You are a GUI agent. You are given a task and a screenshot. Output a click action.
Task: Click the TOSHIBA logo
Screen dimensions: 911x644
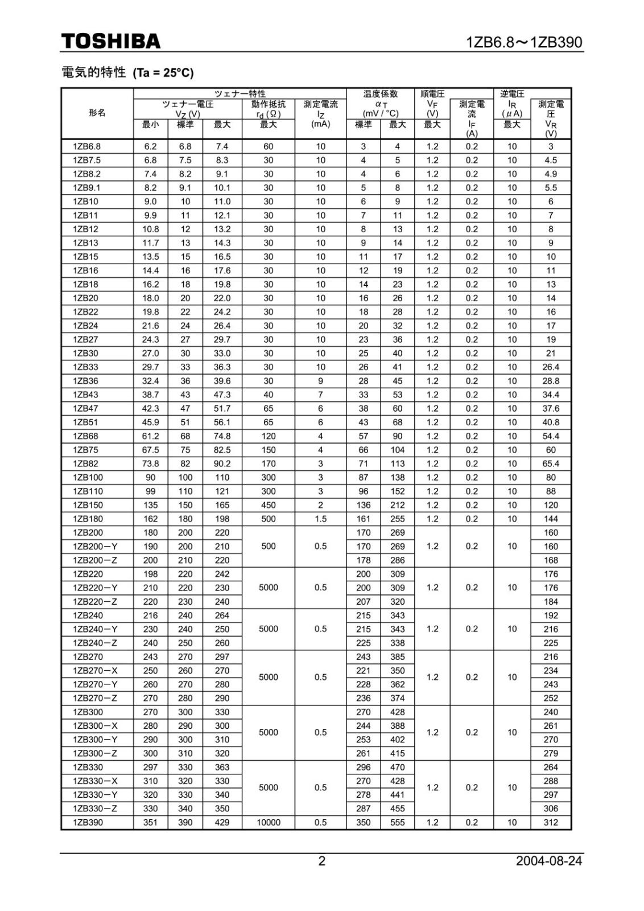tap(111, 42)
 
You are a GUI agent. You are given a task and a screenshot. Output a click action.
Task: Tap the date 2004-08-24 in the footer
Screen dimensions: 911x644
tap(548, 860)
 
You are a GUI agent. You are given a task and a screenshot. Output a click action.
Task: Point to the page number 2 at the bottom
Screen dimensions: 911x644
tap(321, 861)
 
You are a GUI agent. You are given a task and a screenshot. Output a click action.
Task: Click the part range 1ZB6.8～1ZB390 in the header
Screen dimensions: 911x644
tap(524, 43)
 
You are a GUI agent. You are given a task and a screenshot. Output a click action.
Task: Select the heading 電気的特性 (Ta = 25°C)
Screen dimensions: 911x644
tap(127, 72)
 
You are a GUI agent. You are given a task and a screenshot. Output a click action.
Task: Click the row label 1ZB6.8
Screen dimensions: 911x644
tap(86, 146)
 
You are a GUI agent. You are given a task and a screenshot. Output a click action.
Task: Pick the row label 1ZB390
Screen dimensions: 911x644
tap(88, 822)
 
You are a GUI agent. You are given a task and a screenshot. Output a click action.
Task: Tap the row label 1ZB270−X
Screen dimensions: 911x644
tap(95, 671)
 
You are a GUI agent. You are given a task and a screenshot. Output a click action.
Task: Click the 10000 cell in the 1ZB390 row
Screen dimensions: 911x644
tap(269, 822)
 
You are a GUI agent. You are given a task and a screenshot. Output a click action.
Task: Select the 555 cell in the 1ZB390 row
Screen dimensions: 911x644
tap(397, 822)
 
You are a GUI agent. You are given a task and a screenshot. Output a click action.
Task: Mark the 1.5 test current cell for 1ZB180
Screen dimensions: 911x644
tap(320, 519)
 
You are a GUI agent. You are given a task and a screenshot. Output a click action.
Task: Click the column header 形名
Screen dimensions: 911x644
tap(97, 113)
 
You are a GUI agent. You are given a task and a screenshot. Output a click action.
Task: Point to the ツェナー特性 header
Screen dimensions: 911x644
tap(240, 94)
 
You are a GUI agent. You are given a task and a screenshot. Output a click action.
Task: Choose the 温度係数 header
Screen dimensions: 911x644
tap(381, 94)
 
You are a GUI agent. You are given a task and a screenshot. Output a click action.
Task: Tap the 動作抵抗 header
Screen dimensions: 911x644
tap(269, 104)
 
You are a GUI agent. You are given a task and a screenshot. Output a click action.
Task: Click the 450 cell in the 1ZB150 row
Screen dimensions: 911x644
tap(269, 505)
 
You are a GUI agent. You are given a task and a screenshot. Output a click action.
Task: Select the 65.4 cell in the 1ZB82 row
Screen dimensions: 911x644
tap(550, 463)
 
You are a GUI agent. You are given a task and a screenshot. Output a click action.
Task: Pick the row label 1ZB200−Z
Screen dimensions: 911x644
tap(95, 560)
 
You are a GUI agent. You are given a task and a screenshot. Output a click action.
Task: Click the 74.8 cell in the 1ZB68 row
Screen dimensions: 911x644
tap(222, 436)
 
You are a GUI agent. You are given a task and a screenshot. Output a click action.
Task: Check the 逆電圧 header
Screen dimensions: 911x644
tap(512, 94)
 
